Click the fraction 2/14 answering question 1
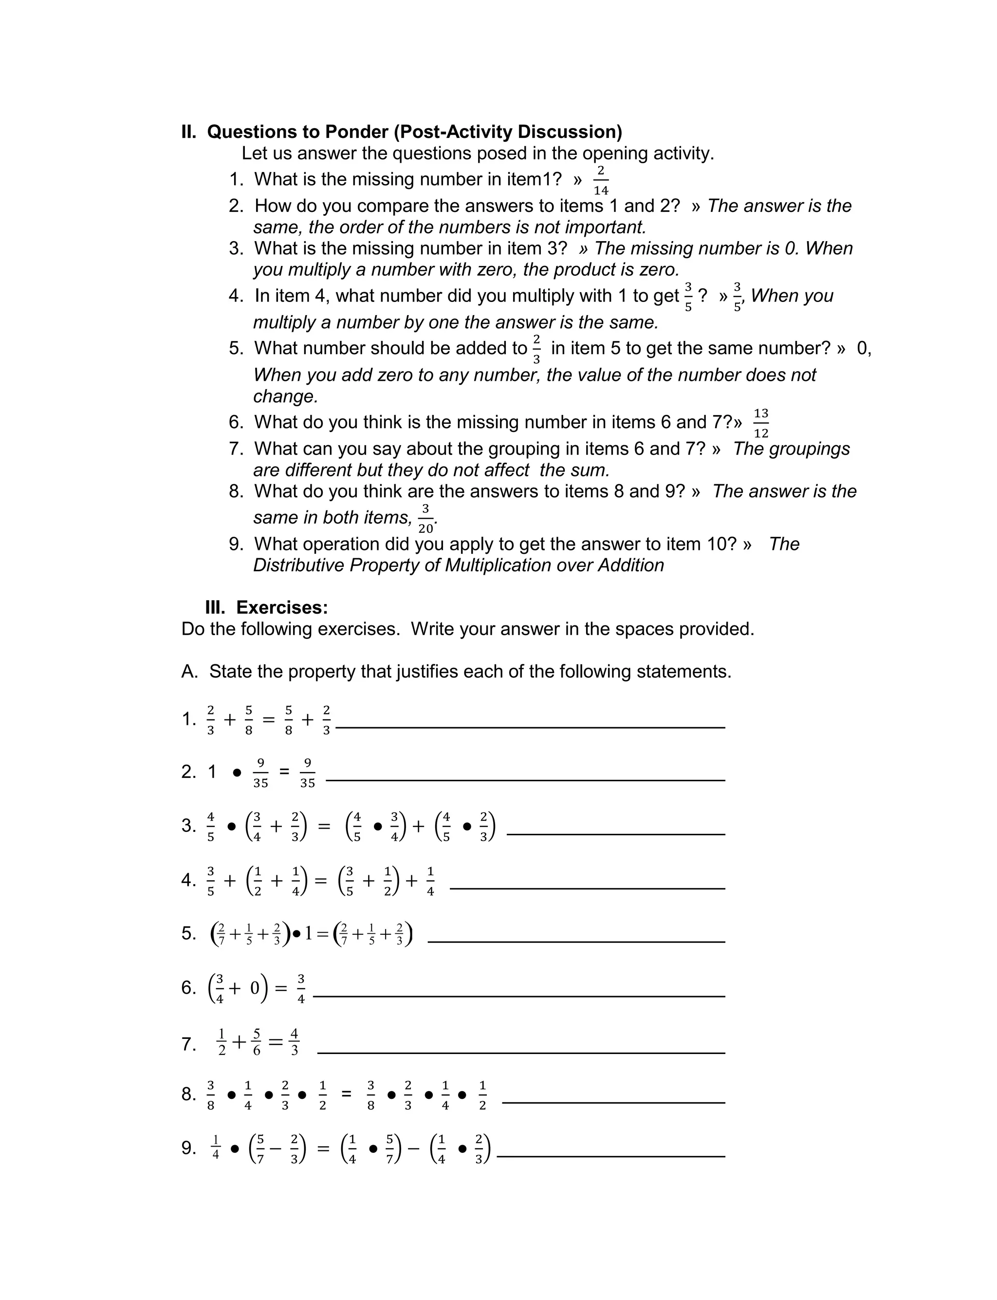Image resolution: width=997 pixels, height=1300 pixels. pyautogui.click(x=601, y=180)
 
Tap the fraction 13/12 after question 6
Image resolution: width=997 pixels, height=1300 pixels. pyautogui.click(x=761, y=423)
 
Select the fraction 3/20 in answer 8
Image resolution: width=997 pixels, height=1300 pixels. pyautogui.click(x=425, y=518)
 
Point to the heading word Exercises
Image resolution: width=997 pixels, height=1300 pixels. pyautogui.click(x=282, y=607)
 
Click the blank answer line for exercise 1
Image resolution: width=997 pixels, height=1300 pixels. pyautogui.click(x=530, y=727)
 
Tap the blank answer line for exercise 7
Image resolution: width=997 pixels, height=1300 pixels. pyautogui.click(x=521, y=1053)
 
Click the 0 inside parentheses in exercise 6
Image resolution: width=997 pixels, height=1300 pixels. pyautogui.click(x=255, y=988)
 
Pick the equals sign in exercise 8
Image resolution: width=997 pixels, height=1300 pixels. pyautogui.click(x=347, y=1094)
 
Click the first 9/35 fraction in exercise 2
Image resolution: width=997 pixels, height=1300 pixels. pyautogui.click(x=260, y=772)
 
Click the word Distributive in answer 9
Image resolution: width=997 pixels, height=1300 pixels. pyautogui.click(x=298, y=565)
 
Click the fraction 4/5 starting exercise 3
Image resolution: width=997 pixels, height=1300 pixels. pyautogui.click(x=211, y=826)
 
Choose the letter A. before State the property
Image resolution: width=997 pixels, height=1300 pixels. pyautogui.click(x=189, y=671)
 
